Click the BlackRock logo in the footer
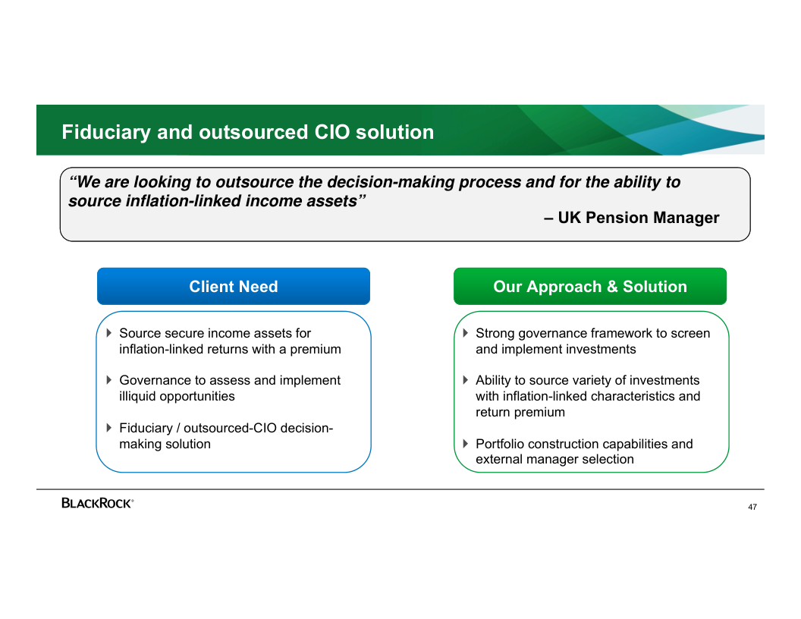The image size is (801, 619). pos(97,503)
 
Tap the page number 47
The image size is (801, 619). pos(752,507)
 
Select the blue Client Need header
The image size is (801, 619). pos(234,286)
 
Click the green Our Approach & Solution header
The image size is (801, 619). pos(590,286)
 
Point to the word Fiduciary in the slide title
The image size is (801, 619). pos(106,132)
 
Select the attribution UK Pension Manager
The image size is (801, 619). pos(638,218)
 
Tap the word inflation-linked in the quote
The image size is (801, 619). pos(184,201)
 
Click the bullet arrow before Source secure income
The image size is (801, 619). pos(108,333)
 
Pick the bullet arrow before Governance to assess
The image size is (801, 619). pos(108,380)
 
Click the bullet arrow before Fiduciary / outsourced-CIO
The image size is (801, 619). pos(108,428)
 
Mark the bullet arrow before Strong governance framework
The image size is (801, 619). pos(466,333)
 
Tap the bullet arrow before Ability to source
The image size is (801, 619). pos(466,380)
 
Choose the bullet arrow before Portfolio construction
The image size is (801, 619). pos(466,443)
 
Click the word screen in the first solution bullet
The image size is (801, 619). pos(690,334)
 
